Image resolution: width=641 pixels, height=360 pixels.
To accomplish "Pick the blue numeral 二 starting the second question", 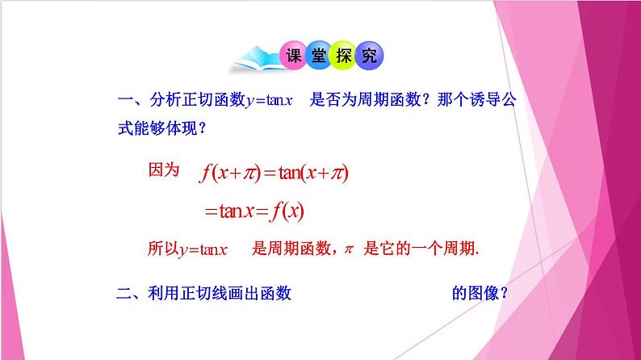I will (125, 294).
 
